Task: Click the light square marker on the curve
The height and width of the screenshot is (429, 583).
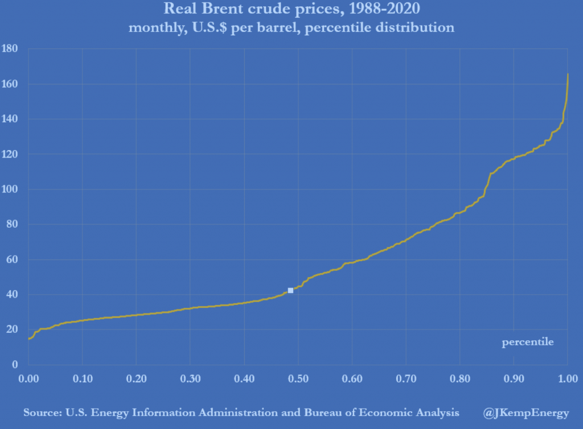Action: [290, 290]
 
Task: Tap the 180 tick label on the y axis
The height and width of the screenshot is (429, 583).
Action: [11, 49]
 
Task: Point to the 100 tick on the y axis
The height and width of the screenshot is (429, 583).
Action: [11, 189]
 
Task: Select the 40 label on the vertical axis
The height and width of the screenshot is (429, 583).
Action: [14, 295]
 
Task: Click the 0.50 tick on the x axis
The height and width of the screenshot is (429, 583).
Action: [298, 378]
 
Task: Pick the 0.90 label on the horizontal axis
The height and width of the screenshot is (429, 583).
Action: [514, 378]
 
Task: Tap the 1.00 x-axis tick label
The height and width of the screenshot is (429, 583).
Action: [568, 378]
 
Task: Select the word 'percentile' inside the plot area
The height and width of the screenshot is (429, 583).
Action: [527, 343]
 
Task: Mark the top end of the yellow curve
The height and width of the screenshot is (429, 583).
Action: [568, 74]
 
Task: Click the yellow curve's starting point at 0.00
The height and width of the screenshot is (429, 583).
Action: [29, 339]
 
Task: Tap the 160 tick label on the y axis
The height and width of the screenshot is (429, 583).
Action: [11, 84]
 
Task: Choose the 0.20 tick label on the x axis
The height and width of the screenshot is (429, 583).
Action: [136, 378]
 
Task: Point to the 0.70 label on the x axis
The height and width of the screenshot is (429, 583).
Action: [406, 378]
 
